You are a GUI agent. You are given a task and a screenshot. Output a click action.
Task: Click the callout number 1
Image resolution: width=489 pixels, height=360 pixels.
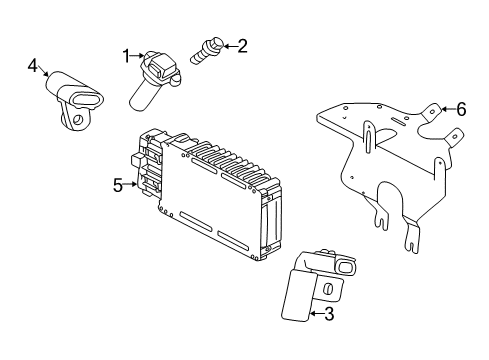click(x=127, y=56)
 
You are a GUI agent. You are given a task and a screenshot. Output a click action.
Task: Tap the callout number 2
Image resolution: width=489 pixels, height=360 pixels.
click(x=241, y=45)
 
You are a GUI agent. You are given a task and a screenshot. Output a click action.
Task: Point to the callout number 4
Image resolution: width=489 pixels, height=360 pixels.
click(x=33, y=67)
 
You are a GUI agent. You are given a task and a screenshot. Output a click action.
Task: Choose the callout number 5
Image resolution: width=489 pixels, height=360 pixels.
click(x=118, y=184)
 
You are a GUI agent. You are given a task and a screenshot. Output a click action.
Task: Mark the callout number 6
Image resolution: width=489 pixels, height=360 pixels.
click(x=461, y=109)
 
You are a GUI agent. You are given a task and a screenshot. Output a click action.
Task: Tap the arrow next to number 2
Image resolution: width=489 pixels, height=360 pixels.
click(x=227, y=45)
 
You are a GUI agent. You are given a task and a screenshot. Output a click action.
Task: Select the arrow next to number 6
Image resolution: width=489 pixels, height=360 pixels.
click(x=447, y=109)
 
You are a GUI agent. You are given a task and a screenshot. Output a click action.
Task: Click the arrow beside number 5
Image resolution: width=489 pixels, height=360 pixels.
click(x=132, y=184)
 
